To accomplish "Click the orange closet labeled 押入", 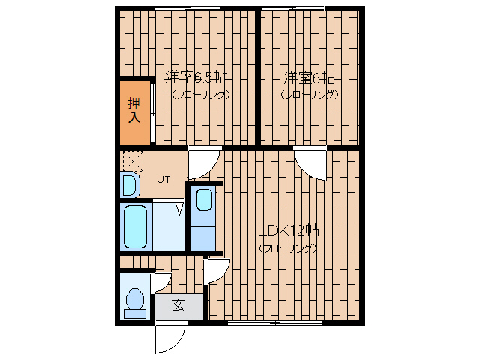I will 135,111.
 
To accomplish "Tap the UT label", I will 164,179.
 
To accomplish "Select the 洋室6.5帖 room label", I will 197,77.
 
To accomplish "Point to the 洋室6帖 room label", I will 309,77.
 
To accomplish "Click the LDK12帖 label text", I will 289,231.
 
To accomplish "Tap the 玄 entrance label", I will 178,305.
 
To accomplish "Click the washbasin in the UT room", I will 128,184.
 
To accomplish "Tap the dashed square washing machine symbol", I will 132,160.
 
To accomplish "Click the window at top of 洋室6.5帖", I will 187,9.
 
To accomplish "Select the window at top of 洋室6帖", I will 292,9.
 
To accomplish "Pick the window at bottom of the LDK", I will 274,322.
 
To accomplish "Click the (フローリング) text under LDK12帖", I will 287,248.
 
